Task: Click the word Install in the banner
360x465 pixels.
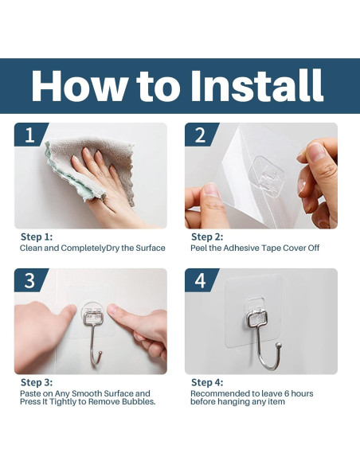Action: point(256,86)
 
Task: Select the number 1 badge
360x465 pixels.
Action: point(30,135)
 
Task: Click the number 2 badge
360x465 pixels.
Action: point(201,135)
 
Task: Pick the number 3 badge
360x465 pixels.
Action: point(30,280)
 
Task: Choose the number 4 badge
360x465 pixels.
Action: point(201,280)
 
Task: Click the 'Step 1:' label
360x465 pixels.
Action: point(37,237)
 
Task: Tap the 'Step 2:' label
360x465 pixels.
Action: point(207,237)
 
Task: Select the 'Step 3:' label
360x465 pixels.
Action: point(37,382)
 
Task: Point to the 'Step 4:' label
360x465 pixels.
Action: point(207,382)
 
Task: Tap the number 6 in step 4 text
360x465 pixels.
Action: point(287,393)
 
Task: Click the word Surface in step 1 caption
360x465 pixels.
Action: point(151,248)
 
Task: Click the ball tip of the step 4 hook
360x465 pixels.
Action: point(279,345)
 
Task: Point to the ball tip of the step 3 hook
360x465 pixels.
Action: point(101,354)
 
